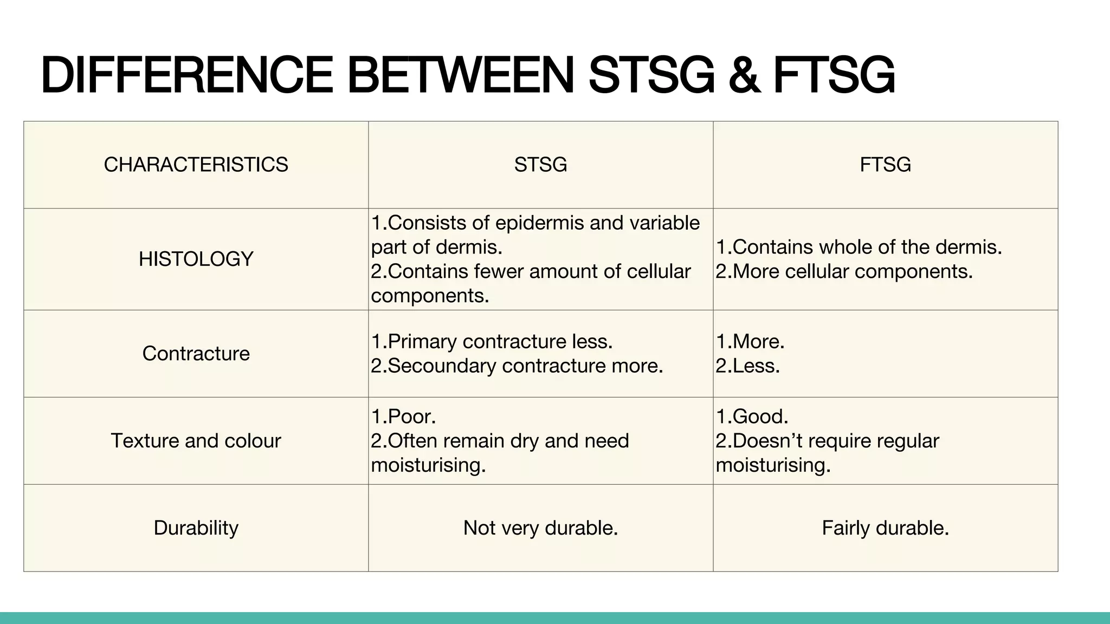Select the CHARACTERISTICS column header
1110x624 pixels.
click(x=196, y=165)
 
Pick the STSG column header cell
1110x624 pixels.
click(x=540, y=165)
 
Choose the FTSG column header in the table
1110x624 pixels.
click(x=885, y=165)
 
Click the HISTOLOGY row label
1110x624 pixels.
click(x=196, y=259)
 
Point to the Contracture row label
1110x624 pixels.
click(x=196, y=353)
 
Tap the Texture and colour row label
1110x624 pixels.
click(x=196, y=440)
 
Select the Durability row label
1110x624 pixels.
click(x=196, y=528)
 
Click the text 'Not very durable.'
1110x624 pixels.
click(x=540, y=528)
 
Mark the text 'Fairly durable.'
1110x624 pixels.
click(x=885, y=528)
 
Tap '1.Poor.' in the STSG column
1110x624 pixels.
click(x=403, y=416)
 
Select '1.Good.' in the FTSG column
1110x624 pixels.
click(x=752, y=416)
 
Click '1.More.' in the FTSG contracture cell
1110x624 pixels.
click(x=750, y=341)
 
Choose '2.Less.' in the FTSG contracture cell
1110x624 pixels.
click(x=748, y=366)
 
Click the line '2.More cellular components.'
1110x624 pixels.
click(x=844, y=271)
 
